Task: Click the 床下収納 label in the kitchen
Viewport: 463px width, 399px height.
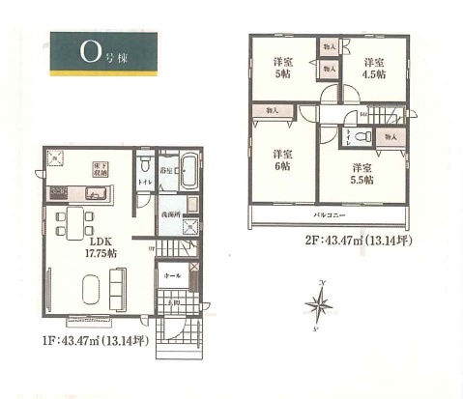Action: pyautogui.click(x=99, y=170)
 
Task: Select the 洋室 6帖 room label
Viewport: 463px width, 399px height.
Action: pyautogui.click(x=281, y=160)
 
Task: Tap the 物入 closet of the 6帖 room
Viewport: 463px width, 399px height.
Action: pyautogui.click(x=271, y=112)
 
